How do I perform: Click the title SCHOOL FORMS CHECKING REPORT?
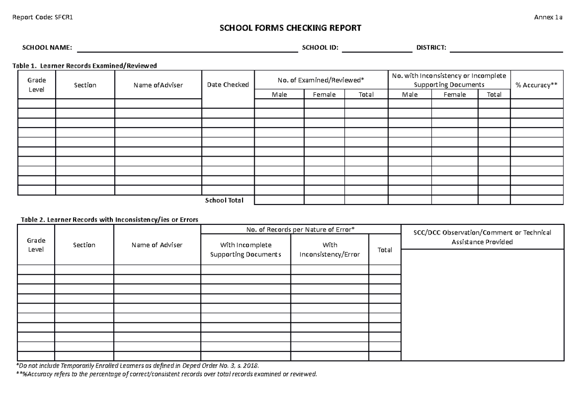pyautogui.click(x=290, y=29)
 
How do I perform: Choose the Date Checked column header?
pyautogui.click(x=228, y=85)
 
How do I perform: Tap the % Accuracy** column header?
pyautogui.click(x=536, y=85)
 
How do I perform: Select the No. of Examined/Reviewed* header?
pyautogui.click(x=321, y=80)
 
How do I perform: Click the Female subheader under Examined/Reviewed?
pyautogui.click(x=324, y=95)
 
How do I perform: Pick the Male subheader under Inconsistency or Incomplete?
pyautogui.click(x=410, y=95)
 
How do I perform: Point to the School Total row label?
pyautogui.click(x=224, y=200)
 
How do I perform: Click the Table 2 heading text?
pyautogui.click(x=108, y=220)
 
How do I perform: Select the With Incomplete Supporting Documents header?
pyautogui.click(x=245, y=250)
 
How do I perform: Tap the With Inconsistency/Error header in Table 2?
pyautogui.click(x=330, y=250)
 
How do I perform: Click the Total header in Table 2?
pyautogui.click(x=385, y=250)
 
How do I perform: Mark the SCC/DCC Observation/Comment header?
pyautogui.click(x=482, y=237)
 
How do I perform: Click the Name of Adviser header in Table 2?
pyautogui.click(x=157, y=245)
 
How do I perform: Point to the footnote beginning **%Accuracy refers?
pyautogui.click(x=167, y=375)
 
